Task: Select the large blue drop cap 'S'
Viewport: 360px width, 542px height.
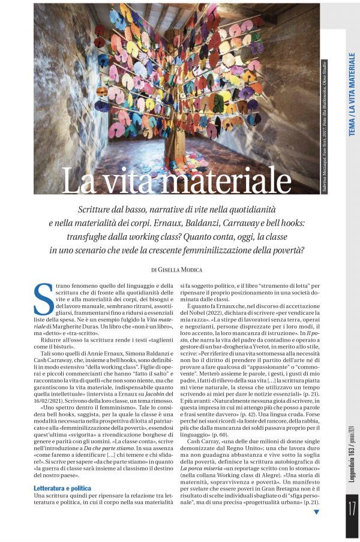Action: [x=44, y=299]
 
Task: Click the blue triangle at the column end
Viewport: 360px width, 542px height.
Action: [x=316, y=512]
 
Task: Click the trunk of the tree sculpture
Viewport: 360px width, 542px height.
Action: [x=179, y=144]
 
